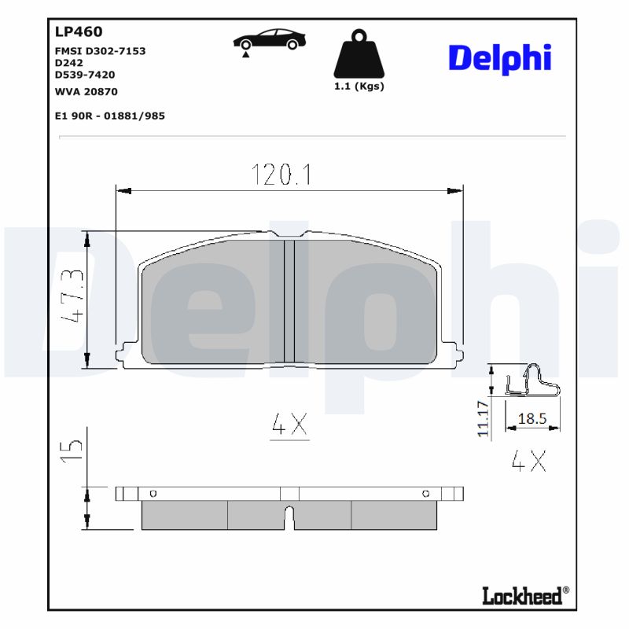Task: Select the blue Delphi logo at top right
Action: (499, 59)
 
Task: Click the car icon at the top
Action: (269, 40)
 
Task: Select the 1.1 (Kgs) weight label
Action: (359, 86)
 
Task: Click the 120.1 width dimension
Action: (281, 175)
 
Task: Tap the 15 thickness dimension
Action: (72, 447)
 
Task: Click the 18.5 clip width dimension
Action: (532, 419)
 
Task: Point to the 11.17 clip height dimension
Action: (484, 417)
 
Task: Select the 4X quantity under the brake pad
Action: (289, 425)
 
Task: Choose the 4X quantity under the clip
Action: (528, 460)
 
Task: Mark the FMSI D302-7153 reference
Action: (100, 51)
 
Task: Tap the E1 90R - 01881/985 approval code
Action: (109, 116)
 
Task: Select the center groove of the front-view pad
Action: (289, 300)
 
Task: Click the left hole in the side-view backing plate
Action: (153, 494)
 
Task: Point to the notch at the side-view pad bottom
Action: (289, 517)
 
